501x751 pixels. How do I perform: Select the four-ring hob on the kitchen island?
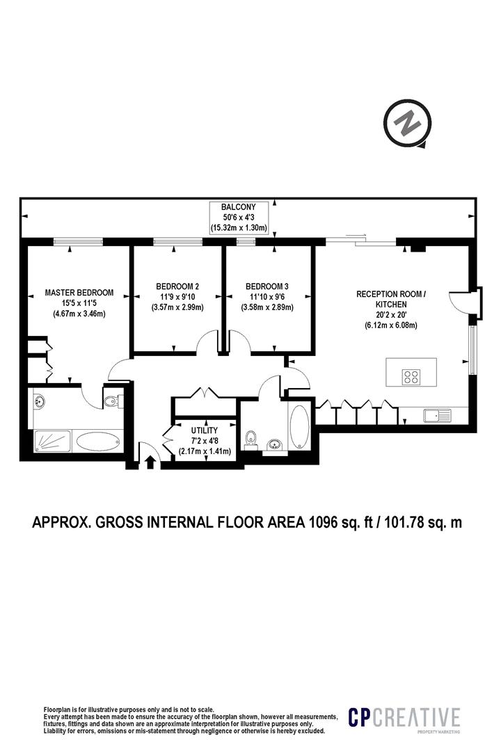click(x=411, y=376)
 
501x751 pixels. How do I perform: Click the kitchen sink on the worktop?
click(x=438, y=415)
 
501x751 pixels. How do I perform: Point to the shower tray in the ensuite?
click(x=52, y=441)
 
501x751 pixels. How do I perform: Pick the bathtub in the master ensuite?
click(x=98, y=441)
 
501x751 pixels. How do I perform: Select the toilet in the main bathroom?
click(x=252, y=439)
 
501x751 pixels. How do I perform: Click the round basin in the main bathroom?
click(x=275, y=443)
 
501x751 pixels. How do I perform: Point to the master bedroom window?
click(x=78, y=242)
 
